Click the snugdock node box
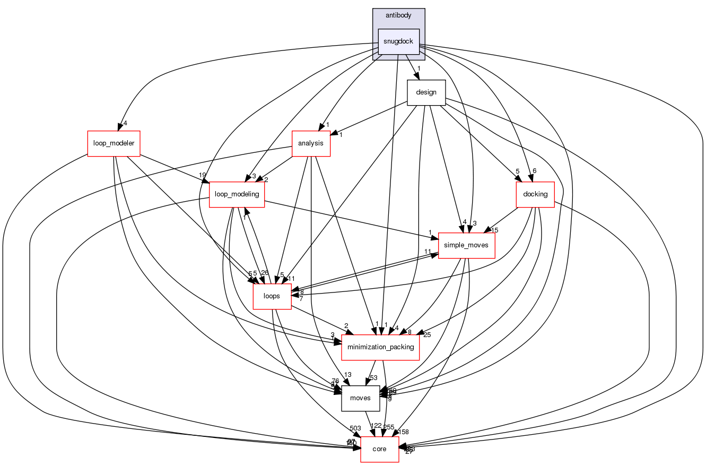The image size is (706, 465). [x=398, y=41]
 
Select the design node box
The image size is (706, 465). [x=426, y=92]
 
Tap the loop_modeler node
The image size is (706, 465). [x=114, y=143]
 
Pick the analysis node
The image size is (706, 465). [x=311, y=143]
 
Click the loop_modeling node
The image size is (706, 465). [x=237, y=194]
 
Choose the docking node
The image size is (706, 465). [x=535, y=194]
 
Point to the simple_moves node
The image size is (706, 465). [x=466, y=245]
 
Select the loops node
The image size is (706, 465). [x=272, y=296]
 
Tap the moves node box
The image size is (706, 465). [x=361, y=398]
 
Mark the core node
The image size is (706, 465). [x=379, y=449]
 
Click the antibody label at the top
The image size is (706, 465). [x=398, y=15]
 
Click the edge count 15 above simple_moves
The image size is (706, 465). [x=495, y=230]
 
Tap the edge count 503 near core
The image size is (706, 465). [x=355, y=428]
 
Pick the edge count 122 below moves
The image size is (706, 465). [x=376, y=426]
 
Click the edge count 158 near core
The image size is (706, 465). [x=403, y=432]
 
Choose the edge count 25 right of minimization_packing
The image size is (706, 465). [x=427, y=334]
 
